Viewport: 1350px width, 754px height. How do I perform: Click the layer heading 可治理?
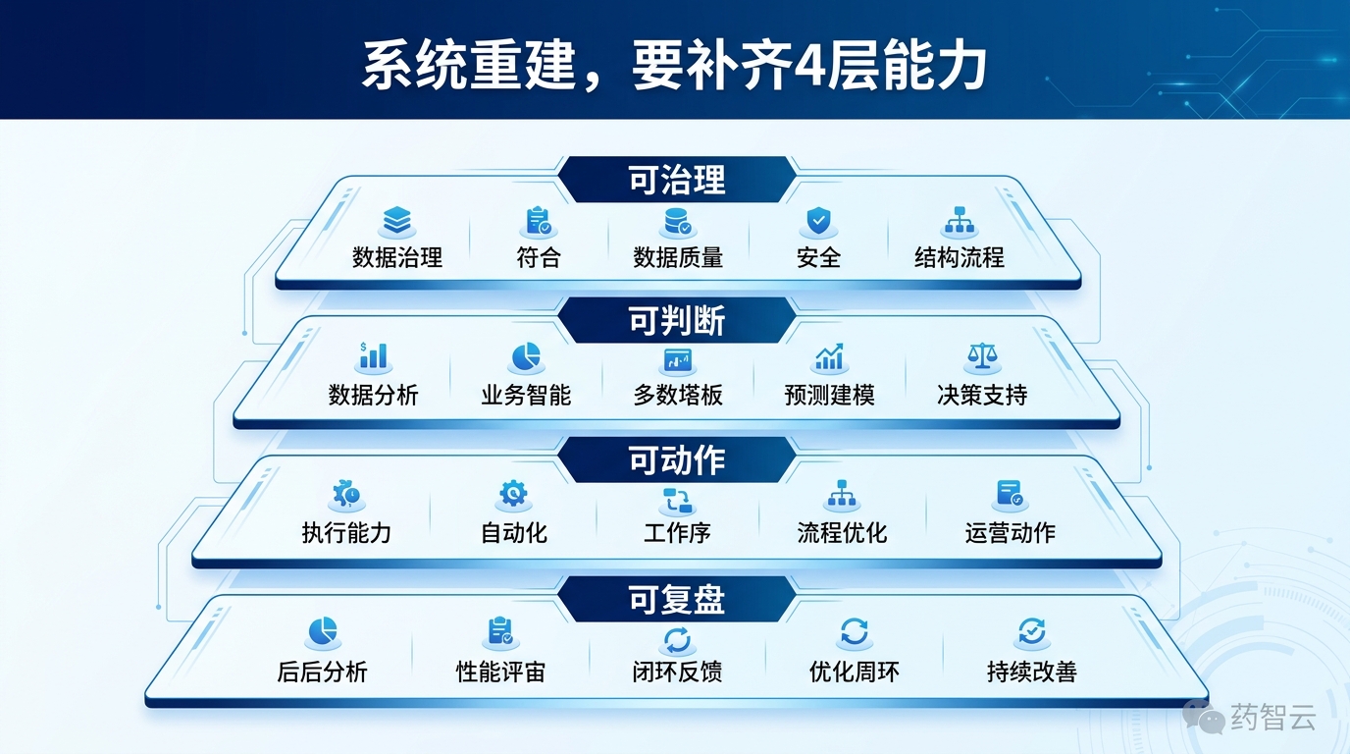(x=676, y=180)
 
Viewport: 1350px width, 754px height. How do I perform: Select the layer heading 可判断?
(x=676, y=320)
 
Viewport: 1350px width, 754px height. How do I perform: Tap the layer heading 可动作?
(x=676, y=460)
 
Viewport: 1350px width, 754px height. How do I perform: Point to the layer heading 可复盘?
(x=676, y=600)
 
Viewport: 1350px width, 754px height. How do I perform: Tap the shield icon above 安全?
(x=818, y=222)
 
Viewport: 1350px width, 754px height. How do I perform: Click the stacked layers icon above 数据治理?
(x=397, y=221)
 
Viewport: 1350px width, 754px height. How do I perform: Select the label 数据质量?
(x=678, y=258)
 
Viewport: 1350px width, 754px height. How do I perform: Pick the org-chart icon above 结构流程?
(x=959, y=222)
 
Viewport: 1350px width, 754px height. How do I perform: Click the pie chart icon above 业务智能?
(x=526, y=357)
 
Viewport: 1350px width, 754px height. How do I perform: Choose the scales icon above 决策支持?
(x=981, y=357)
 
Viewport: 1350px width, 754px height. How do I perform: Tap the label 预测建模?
(x=829, y=396)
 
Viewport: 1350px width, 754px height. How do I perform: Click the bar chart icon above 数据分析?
(x=373, y=357)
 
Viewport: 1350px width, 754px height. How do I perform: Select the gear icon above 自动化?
(x=513, y=494)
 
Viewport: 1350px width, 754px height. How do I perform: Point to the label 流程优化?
(x=842, y=533)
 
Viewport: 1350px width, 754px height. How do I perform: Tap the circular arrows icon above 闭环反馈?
(x=677, y=640)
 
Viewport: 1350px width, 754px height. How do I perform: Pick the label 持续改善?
(x=1031, y=673)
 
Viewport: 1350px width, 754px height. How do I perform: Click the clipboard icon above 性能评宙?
(x=500, y=632)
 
